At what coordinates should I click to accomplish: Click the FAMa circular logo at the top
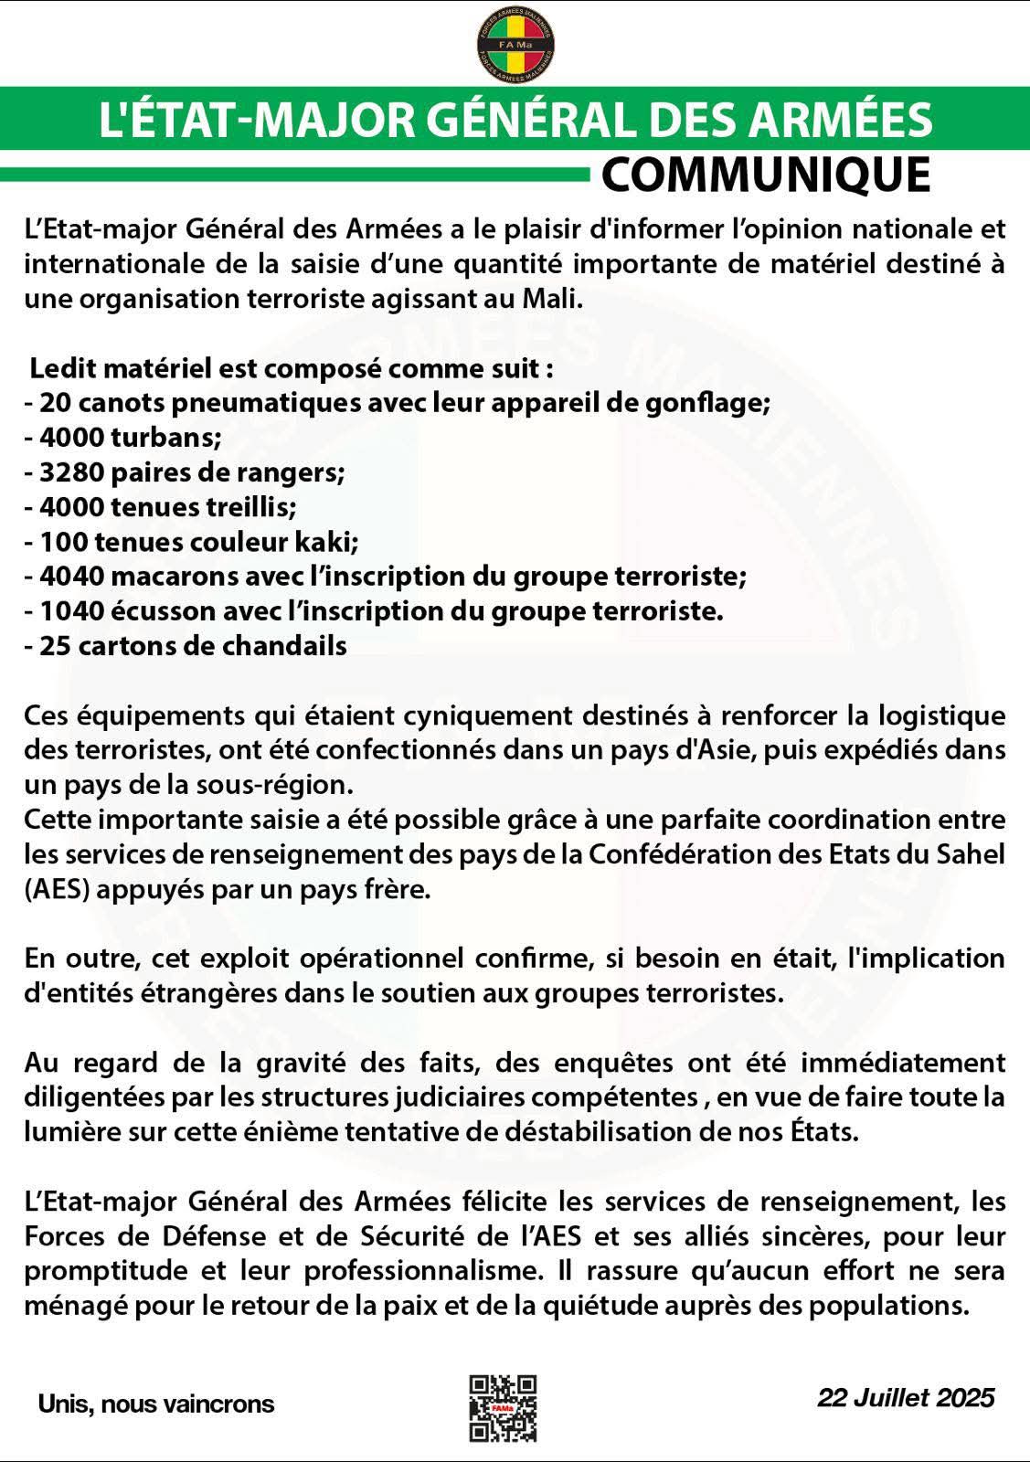tap(515, 43)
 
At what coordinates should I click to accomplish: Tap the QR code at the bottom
tap(503, 1408)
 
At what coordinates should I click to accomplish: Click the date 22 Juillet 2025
tap(906, 1397)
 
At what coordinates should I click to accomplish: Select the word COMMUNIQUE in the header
tap(766, 175)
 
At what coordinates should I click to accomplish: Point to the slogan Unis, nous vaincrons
tap(156, 1404)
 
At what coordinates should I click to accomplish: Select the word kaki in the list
tap(325, 542)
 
